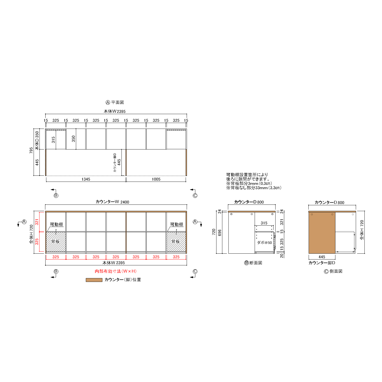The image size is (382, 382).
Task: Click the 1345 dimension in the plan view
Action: coord(86,179)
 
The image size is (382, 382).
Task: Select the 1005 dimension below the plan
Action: coord(156,179)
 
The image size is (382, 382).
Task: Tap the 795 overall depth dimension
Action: coord(31,150)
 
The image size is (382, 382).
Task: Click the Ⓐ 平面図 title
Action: coord(115,102)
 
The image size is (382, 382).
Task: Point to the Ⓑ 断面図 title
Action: coord(253,263)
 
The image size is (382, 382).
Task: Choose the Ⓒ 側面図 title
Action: coord(333,271)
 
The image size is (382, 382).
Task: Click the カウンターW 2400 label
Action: coord(112,202)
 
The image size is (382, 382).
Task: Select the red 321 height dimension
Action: coord(37,222)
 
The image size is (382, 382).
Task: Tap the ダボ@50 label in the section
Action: coord(264,243)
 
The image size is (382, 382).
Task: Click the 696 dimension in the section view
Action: coord(220,233)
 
